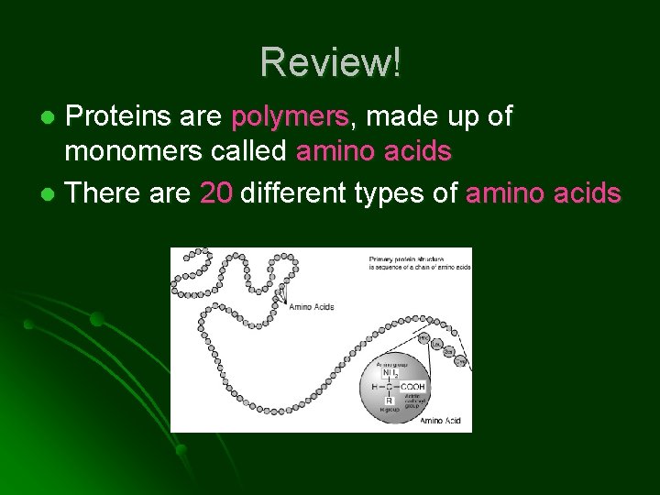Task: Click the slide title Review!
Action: point(330,62)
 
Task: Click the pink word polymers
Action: point(290,117)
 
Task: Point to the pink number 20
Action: point(216,193)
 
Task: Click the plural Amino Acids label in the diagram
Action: point(310,307)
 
